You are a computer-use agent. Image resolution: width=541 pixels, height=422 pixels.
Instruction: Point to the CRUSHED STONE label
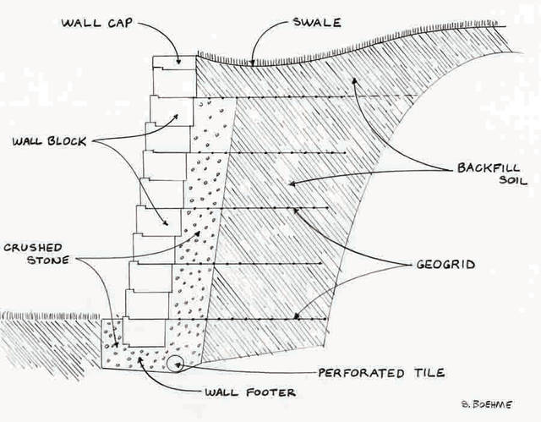33,255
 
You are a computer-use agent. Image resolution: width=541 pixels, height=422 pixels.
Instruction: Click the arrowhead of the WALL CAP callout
178,63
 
